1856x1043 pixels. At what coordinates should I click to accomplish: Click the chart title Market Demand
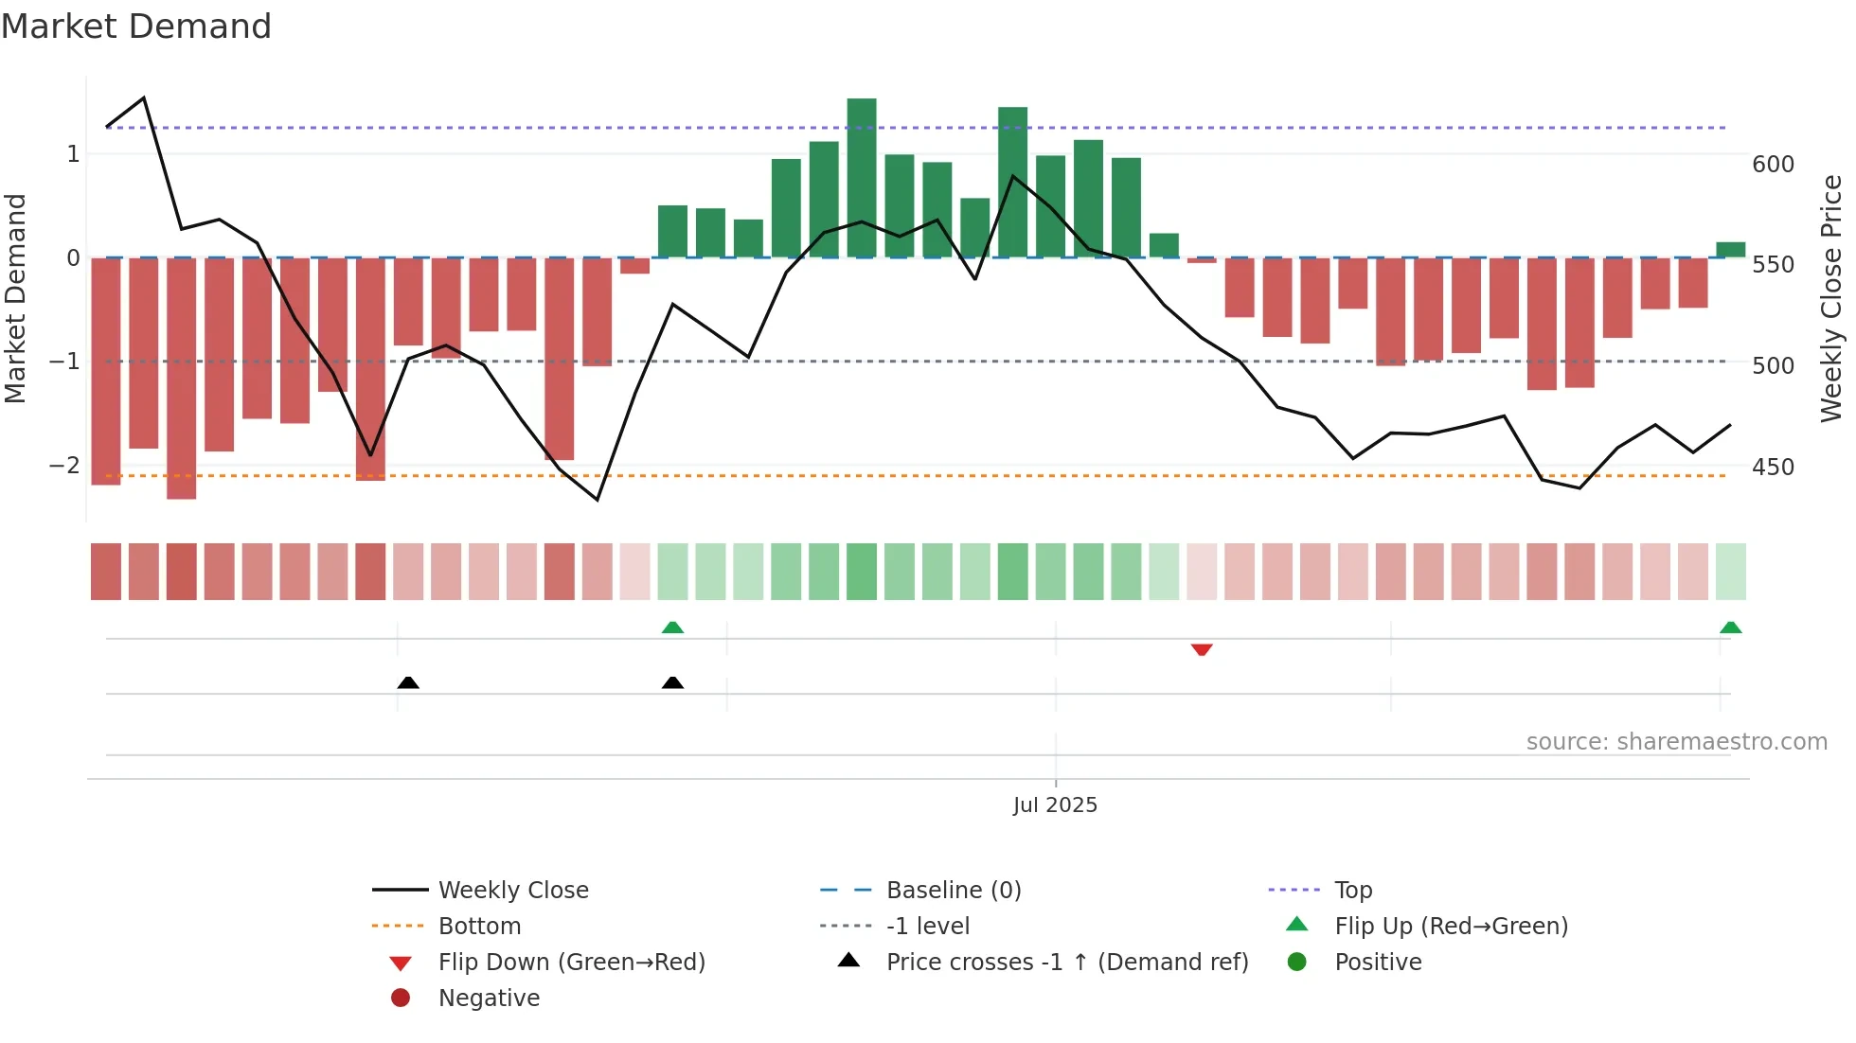(x=136, y=27)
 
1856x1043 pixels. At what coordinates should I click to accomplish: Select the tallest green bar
(x=861, y=178)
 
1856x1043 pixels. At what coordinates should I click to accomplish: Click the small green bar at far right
(x=1730, y=250)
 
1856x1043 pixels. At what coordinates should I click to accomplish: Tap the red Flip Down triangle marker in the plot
(x=1202, y=649)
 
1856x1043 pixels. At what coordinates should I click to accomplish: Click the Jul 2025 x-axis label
(x=1055, y=804)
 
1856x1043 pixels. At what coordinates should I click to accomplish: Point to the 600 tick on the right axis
(x=1773, y=165)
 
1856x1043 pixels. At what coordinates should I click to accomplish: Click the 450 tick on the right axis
(x=1773, y=467)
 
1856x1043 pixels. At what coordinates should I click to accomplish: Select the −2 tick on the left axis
(x=64, y=465)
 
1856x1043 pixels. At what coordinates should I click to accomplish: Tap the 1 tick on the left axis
(x=73, y=153)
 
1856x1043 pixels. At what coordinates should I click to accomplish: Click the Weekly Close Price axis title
(x=1831, y=298)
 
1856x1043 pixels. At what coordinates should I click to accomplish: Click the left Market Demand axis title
(x=15, y=298)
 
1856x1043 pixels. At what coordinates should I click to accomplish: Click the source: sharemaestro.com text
(x=1676, y=742)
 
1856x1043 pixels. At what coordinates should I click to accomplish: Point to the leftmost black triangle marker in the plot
(x=408, y=682)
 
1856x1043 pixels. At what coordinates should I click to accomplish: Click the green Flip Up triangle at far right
(x=1730, y=628)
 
